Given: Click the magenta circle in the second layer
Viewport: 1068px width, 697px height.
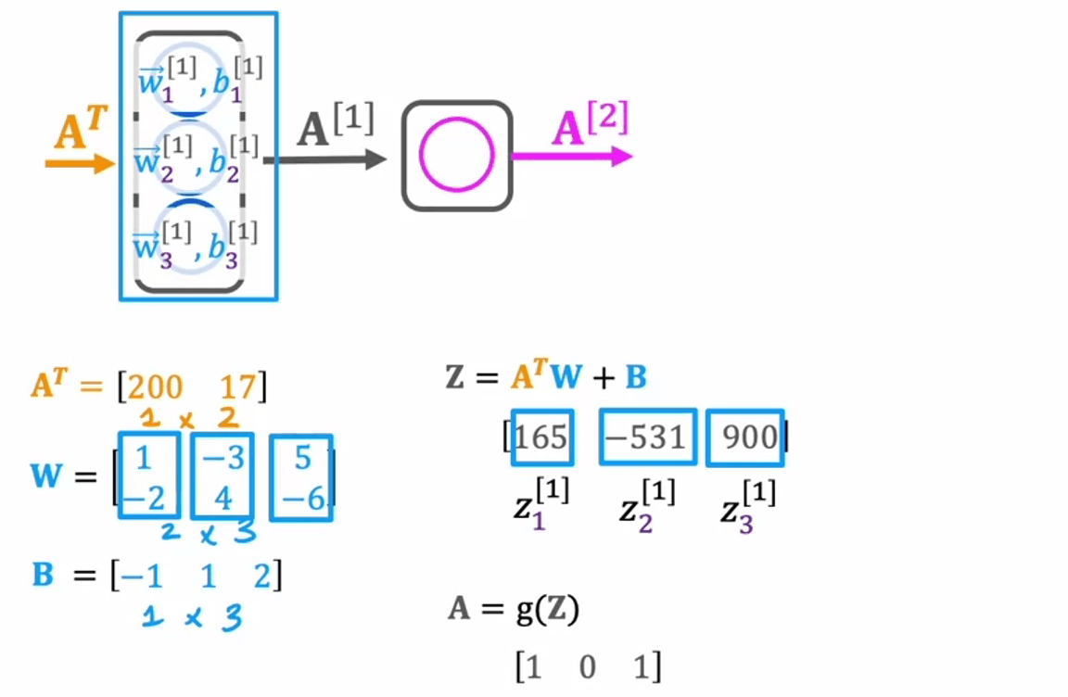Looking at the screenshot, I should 456,156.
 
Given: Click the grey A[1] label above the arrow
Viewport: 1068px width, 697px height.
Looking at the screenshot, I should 336,127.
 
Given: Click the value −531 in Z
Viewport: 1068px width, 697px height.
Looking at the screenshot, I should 648,437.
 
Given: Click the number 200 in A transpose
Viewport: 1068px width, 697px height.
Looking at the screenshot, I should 157,387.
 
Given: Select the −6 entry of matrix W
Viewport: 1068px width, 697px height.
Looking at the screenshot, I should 300,498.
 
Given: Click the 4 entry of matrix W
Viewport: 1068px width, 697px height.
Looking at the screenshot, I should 222,498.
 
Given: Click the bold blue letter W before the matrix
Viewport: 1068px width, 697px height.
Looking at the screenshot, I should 48,477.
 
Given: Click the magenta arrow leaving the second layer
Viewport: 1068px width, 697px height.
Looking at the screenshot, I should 571,157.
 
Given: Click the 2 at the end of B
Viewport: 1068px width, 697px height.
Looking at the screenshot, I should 264,577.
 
